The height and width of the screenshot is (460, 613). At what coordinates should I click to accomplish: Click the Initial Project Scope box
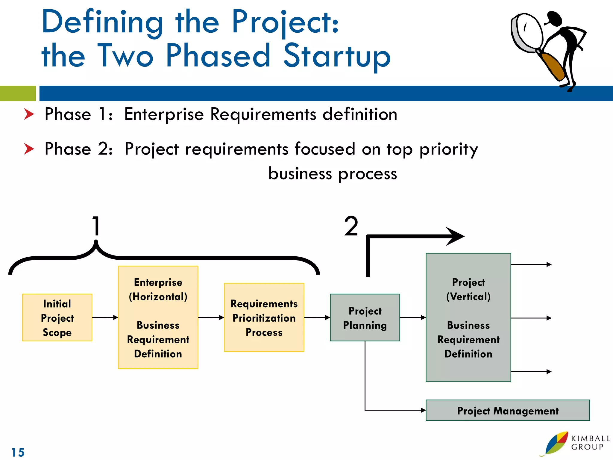click(x=57, y=317)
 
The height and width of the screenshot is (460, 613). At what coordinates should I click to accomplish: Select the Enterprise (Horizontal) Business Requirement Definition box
click(x=158, y=317)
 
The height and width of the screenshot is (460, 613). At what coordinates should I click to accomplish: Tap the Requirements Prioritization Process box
click(x=264, y=317)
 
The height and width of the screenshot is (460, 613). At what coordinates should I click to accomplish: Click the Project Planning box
click(x=365, y=317)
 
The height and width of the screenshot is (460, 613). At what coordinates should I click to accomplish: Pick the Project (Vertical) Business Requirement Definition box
click(x=468, y=317)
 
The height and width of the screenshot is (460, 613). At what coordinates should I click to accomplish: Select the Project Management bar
click(x=508, y=410)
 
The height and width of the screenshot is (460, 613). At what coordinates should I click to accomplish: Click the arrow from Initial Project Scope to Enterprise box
click(x=105, y=317)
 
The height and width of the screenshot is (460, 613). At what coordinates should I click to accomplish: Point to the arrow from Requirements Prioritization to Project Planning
click(x=317, y=317)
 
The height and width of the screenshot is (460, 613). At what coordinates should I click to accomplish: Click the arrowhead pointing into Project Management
click(x=423, y=410)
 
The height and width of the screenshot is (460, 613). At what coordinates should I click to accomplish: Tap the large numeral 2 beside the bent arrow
click(x=351, y=226)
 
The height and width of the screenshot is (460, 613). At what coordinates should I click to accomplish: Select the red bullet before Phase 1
click(x=29, y=114)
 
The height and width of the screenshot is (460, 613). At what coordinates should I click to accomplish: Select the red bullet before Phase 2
click(x=29, y=149)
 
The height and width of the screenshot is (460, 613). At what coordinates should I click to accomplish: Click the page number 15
click(x=18, y=452)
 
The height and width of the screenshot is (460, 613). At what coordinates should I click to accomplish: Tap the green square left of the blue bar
click(x=18, y=93)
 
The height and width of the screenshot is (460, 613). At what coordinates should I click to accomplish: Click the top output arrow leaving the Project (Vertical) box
click(x=531, y=264)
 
